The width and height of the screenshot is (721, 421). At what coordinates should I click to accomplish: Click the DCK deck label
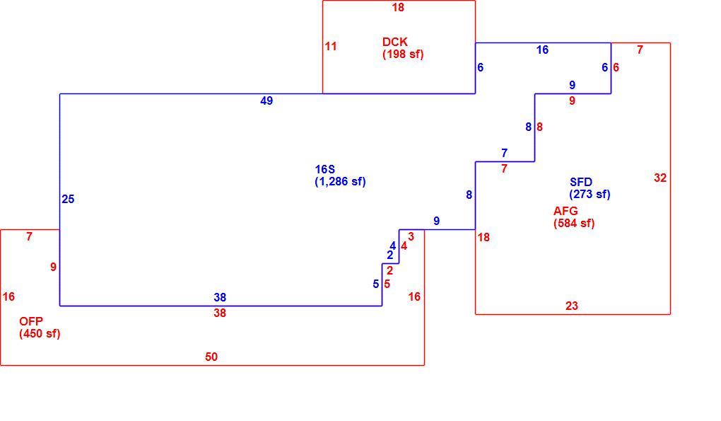click(x=394, y=42)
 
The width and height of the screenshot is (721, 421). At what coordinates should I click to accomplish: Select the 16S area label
click(x=324, y=170)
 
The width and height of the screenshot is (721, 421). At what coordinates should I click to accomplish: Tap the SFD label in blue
click(x=581, y=183)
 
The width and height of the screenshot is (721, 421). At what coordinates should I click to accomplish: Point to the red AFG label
click(x=565, y=211)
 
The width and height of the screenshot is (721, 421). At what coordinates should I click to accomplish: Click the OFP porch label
click(x=31, y=322)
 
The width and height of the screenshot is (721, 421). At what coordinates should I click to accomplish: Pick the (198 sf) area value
click(x=403, y=54)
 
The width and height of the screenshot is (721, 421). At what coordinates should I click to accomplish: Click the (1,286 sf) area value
click(x=340, y=182)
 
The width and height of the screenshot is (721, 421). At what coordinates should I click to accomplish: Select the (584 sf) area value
click(x=574, y=224)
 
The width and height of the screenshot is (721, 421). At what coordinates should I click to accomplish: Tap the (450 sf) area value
click(x=40, y=333)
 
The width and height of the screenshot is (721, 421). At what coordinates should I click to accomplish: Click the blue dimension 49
click(x=266, y=100)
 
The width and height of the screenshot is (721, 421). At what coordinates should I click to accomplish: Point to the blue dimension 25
click(x=68, y=200)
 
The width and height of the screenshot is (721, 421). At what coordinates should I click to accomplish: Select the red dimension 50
click(x=211, y=357)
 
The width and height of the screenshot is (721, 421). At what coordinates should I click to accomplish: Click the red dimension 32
click(x=660, y=178)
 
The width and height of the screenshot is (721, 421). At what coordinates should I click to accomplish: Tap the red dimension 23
click(x=572, y=306)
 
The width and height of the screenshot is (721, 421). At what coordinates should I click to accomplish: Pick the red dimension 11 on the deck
click(x=331, y=47)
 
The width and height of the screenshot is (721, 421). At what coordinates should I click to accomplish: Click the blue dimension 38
click(x=220, y=298)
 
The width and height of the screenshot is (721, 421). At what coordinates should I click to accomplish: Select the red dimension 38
click(x=220, y=313)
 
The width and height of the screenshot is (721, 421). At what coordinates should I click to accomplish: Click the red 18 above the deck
click(x=398, y=7)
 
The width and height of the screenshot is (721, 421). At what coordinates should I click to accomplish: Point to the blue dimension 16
click(x=543, y=50)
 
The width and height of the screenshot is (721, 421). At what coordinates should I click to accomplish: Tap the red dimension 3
click(x=411, y=237)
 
